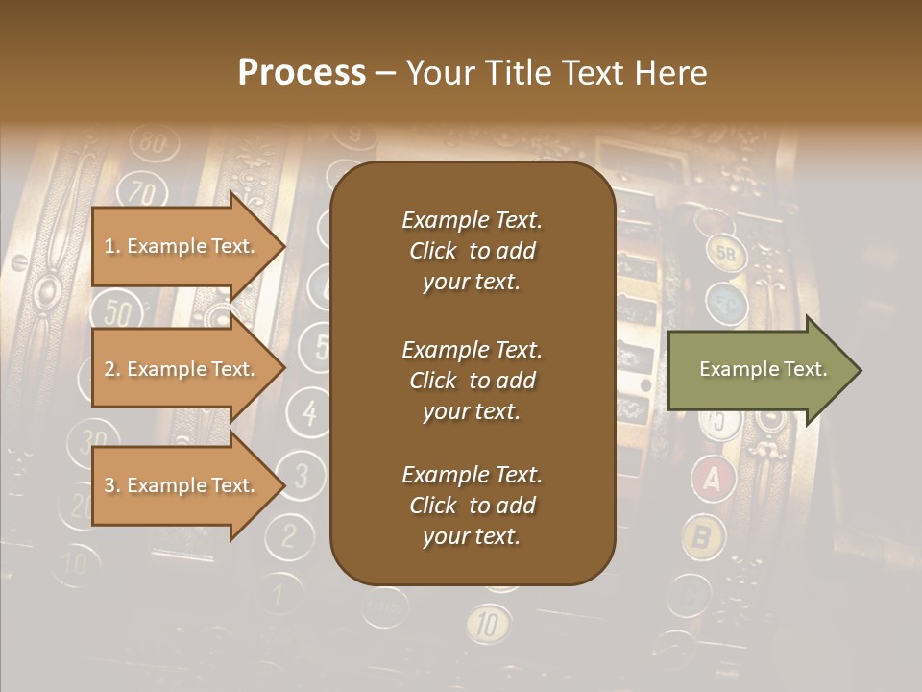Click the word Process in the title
(x=302, y=73)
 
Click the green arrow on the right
(x=764, y=370)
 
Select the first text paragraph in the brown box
(x=472, y=251)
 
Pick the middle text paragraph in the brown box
(x=472, y=381)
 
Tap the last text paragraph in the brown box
(x=472, y=506)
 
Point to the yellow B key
(x=704, y=536)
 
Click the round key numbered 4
(x=309, y=412)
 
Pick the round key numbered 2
(x=285, y=534)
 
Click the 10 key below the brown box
(x=489, y=626)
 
